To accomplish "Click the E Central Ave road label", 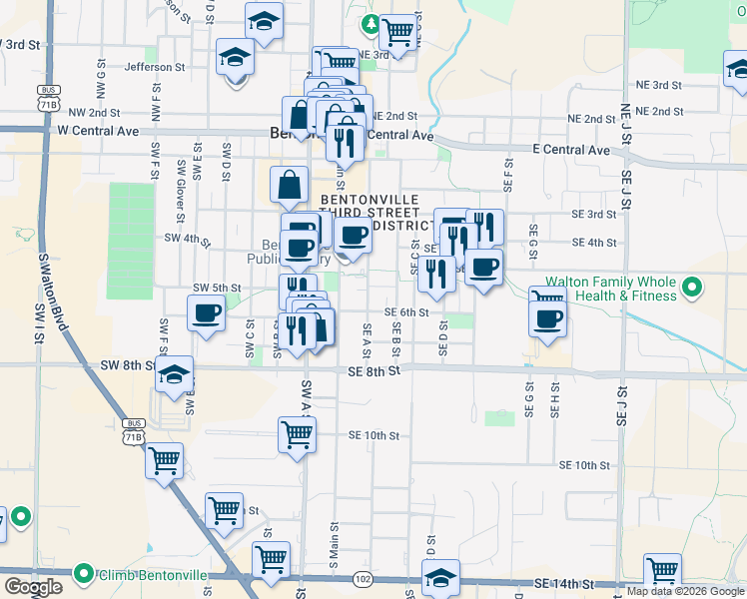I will click(x=570, y=150).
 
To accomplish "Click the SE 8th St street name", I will click(x=374, y=371).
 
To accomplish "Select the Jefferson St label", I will click(x=155, y=67).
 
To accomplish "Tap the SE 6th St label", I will click(x=406, y=312).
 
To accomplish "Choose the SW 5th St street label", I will click(x=217, y=289).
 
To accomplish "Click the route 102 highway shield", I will click(x=363, y=579).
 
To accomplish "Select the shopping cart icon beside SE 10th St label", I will click(x=297, y=433).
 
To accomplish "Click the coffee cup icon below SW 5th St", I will click(x=207, y=312).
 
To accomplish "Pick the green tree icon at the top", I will click(x=372, y=23).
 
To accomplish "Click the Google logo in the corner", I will click(x=33, y=587).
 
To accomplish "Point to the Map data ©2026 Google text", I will click(x=685, y=591).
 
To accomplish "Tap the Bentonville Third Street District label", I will click(x=370, y=213).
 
